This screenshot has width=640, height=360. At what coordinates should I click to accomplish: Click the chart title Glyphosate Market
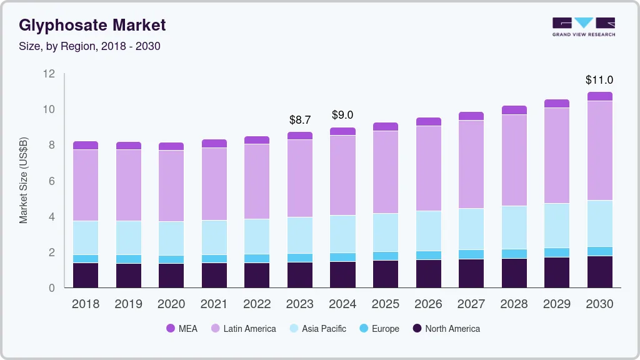point(92,25)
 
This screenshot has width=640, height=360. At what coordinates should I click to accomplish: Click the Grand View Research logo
point(583,27)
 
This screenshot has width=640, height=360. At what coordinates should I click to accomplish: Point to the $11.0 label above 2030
point(599,80)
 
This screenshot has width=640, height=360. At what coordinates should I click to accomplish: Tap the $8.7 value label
point(300,119)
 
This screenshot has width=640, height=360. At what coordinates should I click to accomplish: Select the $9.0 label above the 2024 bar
point(342,115)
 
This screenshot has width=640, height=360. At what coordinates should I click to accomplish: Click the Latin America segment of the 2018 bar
point(86,185)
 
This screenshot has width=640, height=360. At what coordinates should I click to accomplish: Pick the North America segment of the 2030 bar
point(599,272)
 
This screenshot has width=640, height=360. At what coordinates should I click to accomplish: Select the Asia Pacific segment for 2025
point(386,232)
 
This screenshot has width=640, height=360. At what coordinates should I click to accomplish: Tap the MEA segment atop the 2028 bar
point(514,110)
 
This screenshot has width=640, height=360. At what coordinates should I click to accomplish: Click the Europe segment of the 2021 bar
point(214,259)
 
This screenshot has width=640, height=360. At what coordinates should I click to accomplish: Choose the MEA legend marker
point(171,329)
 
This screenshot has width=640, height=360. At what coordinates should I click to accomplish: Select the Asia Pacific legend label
point(324,329)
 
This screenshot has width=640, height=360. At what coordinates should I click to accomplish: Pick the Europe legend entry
point(385,329)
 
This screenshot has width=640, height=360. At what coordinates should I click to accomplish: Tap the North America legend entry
point(452,329)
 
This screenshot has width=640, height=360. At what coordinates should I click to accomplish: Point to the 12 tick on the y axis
point(49,74)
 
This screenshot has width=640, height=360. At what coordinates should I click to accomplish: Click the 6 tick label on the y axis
point(52,181)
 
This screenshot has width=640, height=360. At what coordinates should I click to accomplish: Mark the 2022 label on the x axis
point(257,304)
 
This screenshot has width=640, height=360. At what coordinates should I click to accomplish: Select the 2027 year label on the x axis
point(471,304)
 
